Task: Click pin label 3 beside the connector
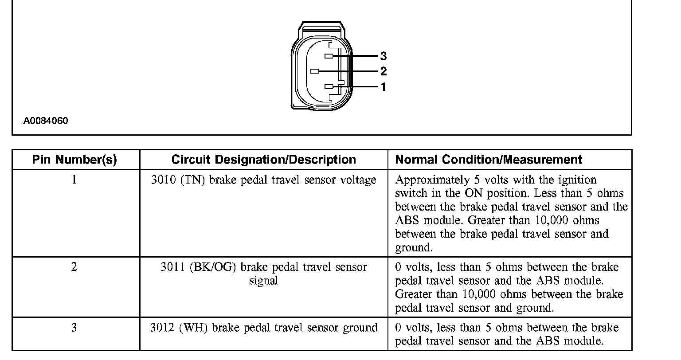click(x=384, y=56)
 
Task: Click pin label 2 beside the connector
click(x=384, y=71)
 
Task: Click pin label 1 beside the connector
click(x=384, y=87)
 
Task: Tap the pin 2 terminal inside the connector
click(x=315, y=71)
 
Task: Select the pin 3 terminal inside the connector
click(x=329, y=56)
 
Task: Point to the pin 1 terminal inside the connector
click(x=329, y=87)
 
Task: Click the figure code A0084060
click(x=46, y=121)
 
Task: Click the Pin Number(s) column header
click(x=74, y=160)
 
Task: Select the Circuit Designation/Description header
click(x=263, y=160)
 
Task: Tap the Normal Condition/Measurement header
click(x=489, y=160)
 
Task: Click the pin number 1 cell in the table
click(x=74, y=180)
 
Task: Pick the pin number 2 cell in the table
click(x=74, y=267)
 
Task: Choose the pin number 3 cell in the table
click(x=74, y=328)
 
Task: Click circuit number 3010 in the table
click(x=164, y=180)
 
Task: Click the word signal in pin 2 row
click(x=263, y=281)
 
